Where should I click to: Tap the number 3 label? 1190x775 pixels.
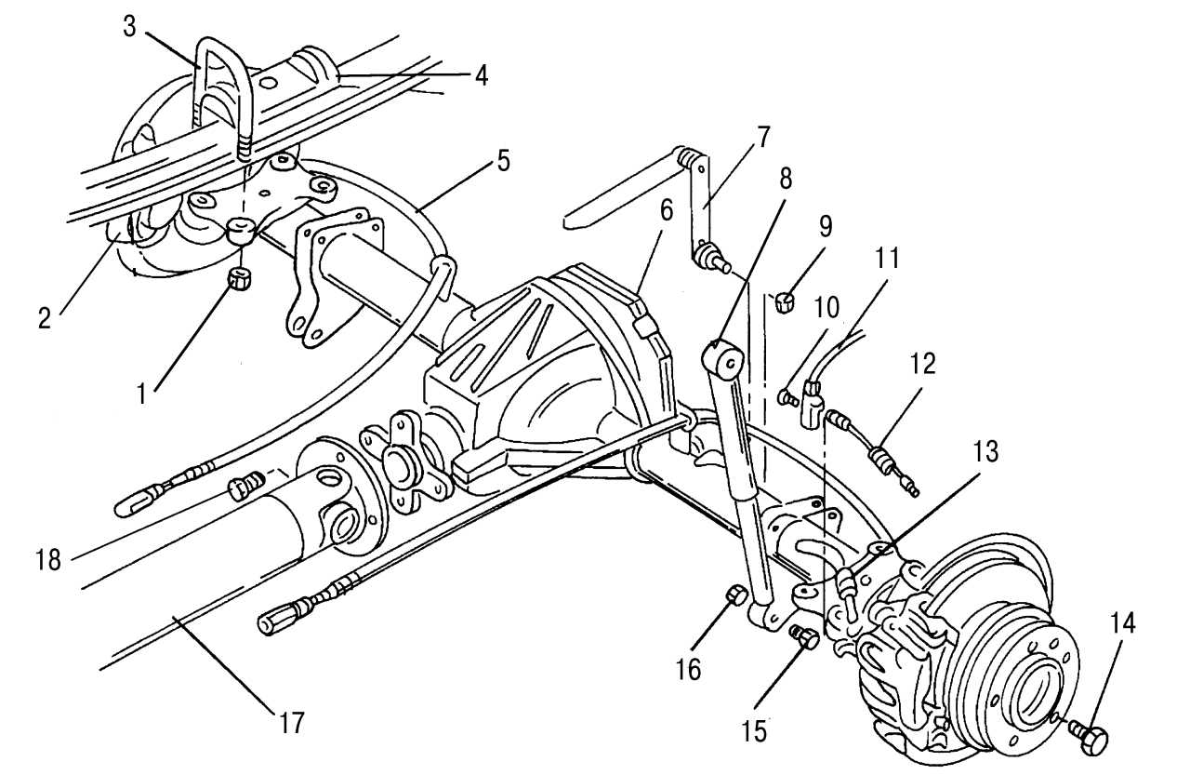coord(129,25)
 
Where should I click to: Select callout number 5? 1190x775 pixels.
coord(503,160)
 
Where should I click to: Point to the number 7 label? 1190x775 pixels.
coord(762,138)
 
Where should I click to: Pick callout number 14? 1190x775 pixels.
coord(1122,624)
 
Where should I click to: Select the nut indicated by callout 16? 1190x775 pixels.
coord(734,595)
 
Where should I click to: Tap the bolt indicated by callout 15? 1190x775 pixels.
coord(805,638)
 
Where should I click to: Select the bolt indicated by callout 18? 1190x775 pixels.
coord(244,485)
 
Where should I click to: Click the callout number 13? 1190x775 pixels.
coord(985,452)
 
